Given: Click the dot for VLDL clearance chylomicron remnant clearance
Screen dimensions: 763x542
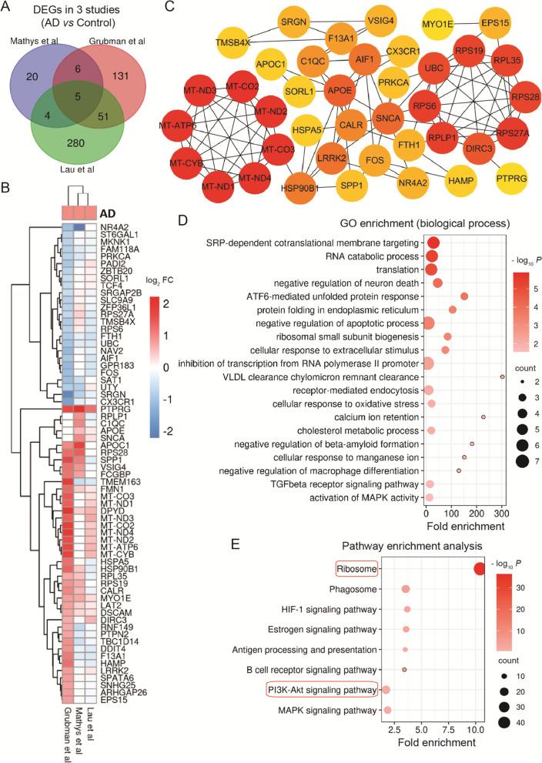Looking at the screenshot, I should pyautogui.click(x=502, y=376).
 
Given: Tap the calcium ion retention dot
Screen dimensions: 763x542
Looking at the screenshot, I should pyautogui.click(x=483, y=417).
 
